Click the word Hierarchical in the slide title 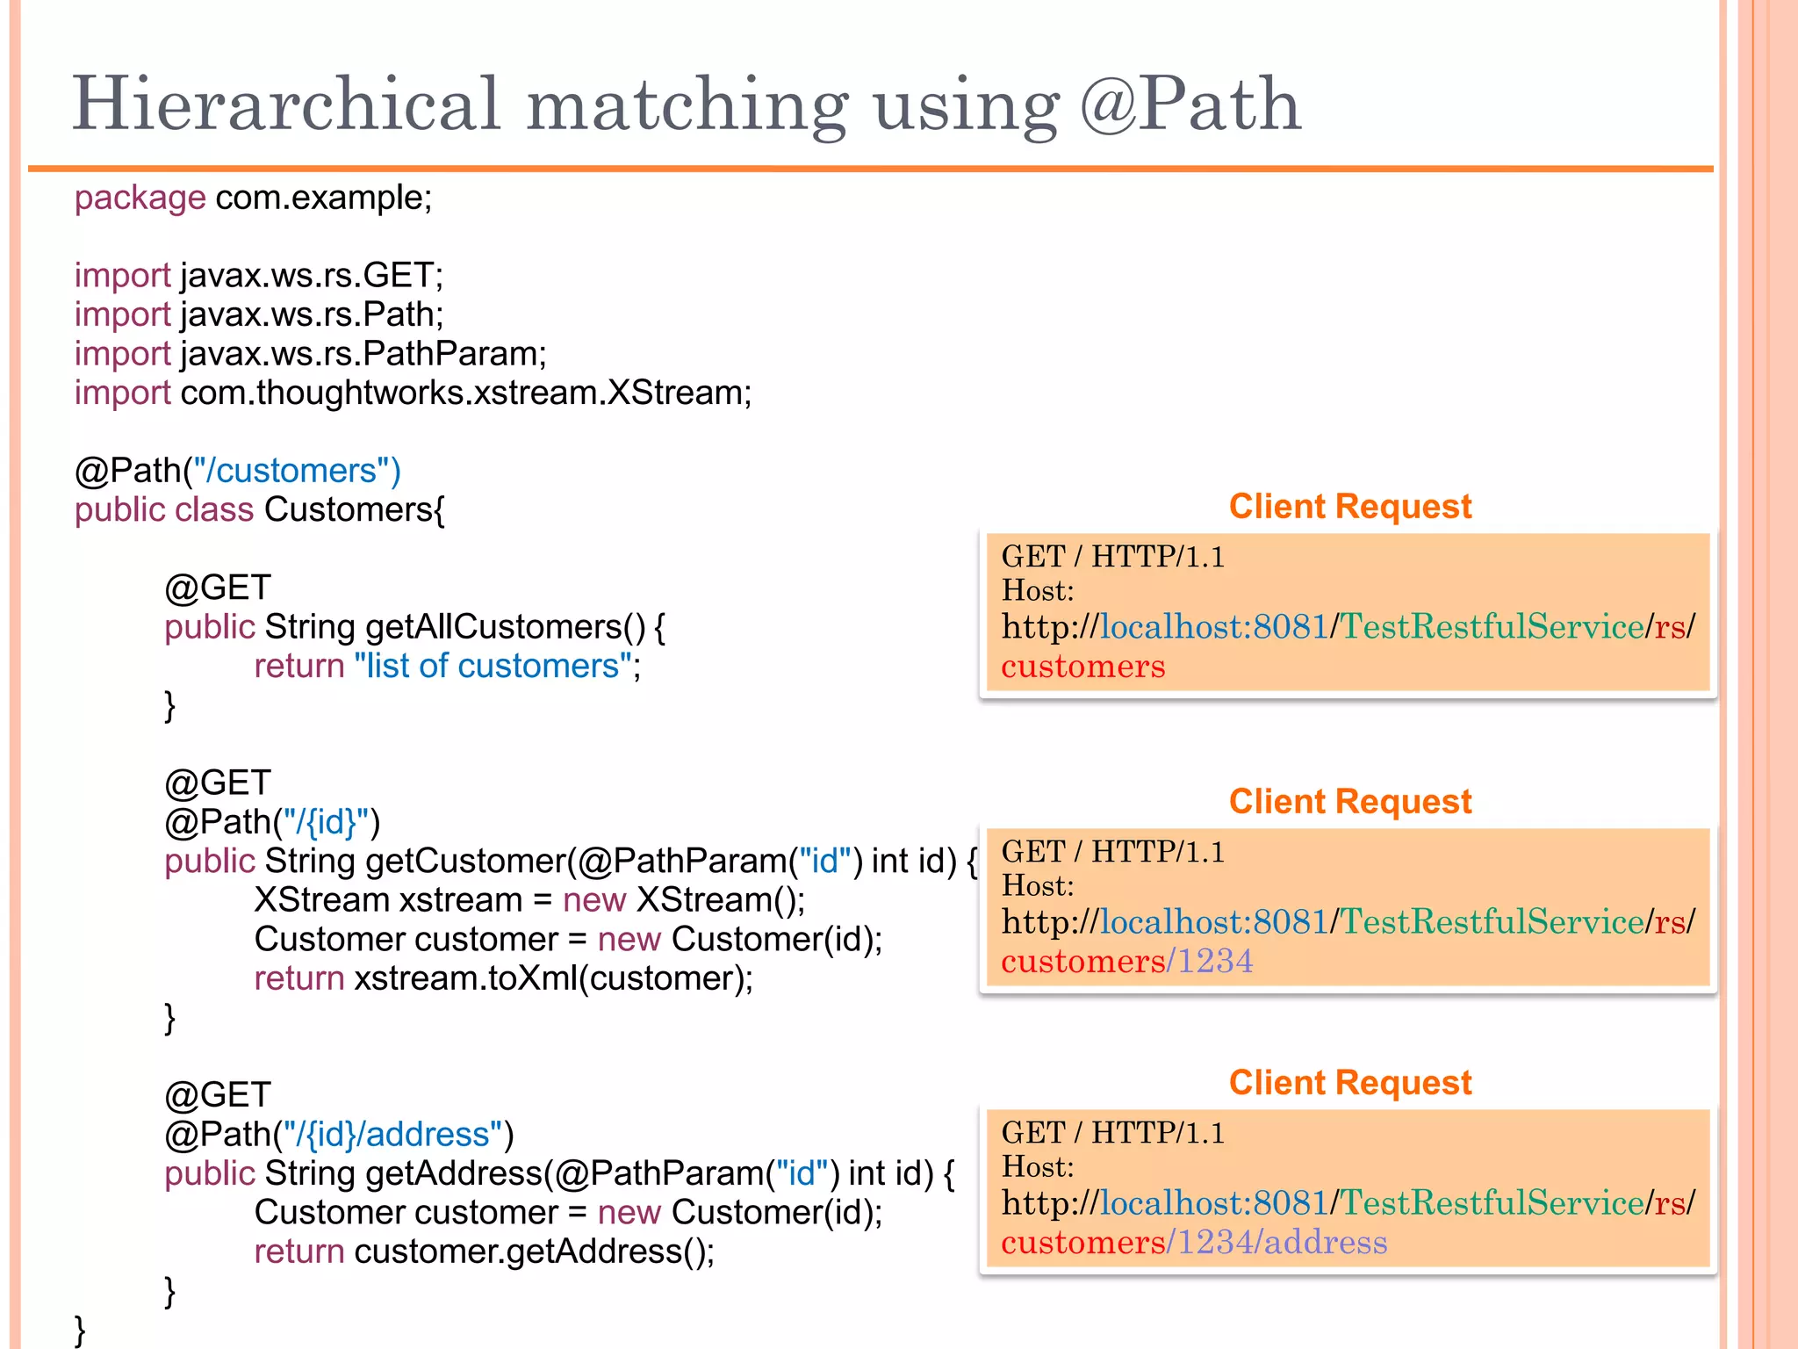(286, 105)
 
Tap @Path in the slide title (1190, 105)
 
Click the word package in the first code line (140, 198)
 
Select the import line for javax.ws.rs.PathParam (310, 354)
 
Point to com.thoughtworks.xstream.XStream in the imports (465, 393)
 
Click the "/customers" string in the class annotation (297, 471)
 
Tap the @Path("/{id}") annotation (272, 822)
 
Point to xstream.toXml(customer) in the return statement (553, 978)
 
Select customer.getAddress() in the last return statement (534, 1252)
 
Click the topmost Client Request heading (1349, 507)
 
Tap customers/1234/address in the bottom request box (1194, 1243)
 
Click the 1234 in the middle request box (1215, 962)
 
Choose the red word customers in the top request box (1082, 667)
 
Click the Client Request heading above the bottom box (1349, 1083)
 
